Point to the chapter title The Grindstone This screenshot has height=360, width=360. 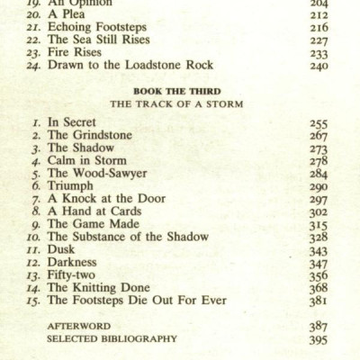click(x=92, y=134)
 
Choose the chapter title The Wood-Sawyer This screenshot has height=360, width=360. click(x=96, y=174)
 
